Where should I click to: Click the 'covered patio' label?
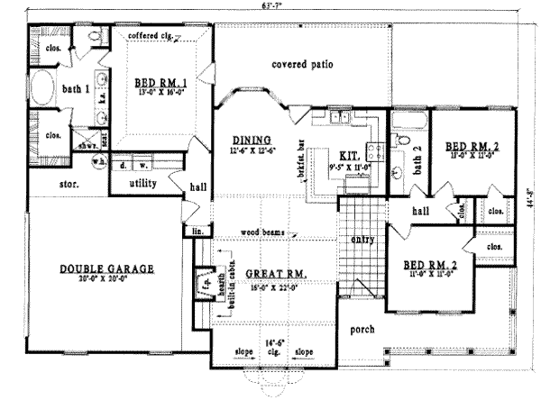point(303,66)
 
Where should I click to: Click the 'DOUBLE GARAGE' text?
point(108,268)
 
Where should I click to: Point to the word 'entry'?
point(362,240)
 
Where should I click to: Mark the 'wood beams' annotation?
point(262,232)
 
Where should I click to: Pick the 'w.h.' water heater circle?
point(99,163)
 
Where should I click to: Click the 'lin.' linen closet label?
point(197,232)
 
